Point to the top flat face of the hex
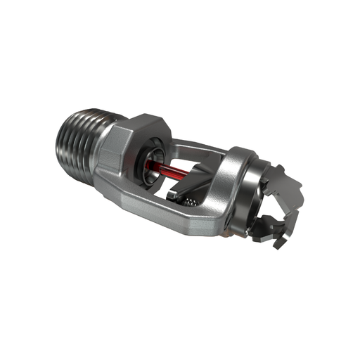[x=144, y=121]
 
